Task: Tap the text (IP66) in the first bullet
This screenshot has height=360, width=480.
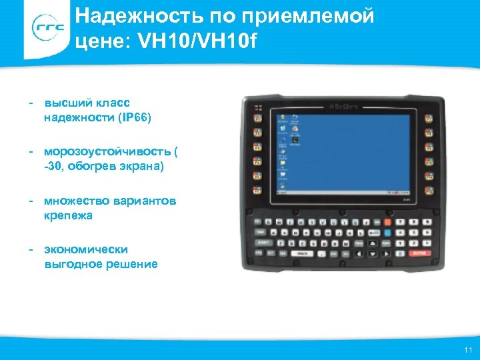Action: pos(135,118)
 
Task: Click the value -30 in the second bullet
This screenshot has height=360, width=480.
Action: pos(54,167)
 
